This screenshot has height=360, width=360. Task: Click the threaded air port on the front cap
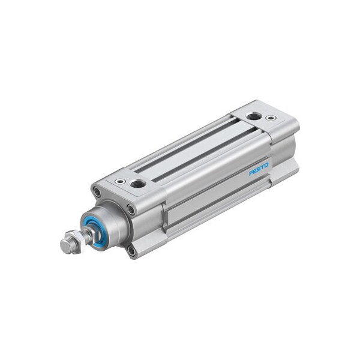(138, 182)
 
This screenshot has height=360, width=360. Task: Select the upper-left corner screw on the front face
(96, 192)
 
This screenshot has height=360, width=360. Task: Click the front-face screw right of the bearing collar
(131, 209)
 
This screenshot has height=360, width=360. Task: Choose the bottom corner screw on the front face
(131, 250)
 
